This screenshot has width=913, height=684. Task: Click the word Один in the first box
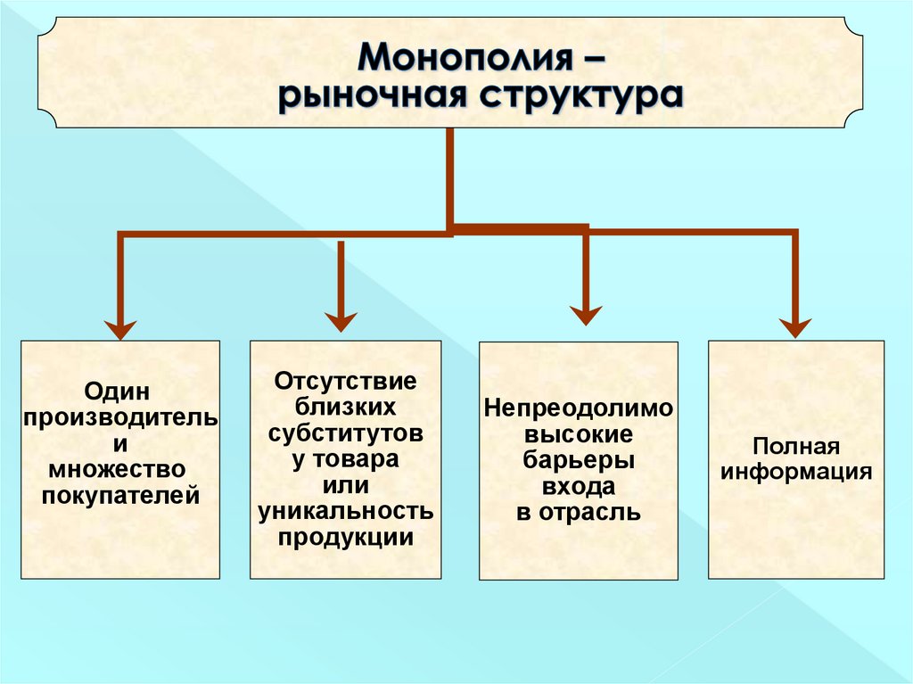tap(120, 391)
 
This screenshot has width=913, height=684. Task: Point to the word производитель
tap(120, 417)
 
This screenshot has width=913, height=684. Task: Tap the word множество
tap(120, 468)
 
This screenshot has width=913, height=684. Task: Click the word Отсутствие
tap(346, 381)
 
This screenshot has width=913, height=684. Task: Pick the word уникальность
tap(346, 511)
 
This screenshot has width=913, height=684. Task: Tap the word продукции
tap(346, 537)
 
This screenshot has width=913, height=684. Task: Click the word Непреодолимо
tap(578, 408)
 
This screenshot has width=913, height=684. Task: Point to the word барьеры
tap(578, 460)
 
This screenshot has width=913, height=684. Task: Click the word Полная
tap(796, 445)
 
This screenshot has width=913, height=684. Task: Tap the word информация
tap(796, 471)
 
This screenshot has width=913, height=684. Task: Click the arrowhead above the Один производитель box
tap(120, 327)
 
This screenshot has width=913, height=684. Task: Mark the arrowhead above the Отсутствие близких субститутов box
tap(340, 320)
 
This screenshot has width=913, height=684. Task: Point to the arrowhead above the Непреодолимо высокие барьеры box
tap(586, 314)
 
